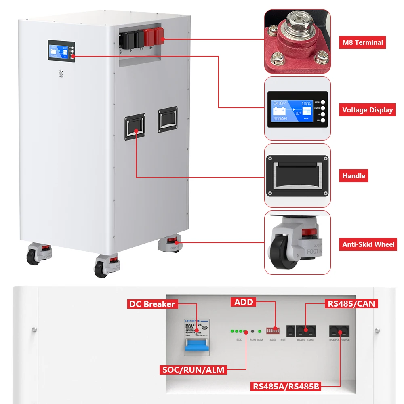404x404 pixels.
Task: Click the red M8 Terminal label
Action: click(x=362, y=42)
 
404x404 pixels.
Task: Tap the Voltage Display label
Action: click(x=367, y=110)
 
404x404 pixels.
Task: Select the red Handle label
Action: click(x=353, y=176)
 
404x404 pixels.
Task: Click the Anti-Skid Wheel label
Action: click(x=368, y=244)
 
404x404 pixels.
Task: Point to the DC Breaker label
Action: click(x=151, y=304)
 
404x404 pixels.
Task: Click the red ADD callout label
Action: click(x=244, y=302)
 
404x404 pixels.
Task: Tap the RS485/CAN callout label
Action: click(x=351, y=304)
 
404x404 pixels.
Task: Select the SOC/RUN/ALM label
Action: click(x=193, y=370)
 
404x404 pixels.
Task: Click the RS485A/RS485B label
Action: click(x=286, y=387)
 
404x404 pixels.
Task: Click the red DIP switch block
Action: click(x=273, y=331)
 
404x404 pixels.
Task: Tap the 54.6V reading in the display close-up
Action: click(x=279, y=103)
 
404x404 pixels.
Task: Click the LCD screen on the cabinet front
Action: click(x=59, y=50)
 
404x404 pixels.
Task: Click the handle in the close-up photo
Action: click(x=297, y=176)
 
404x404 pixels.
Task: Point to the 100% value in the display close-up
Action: click(x=306, y=103)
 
